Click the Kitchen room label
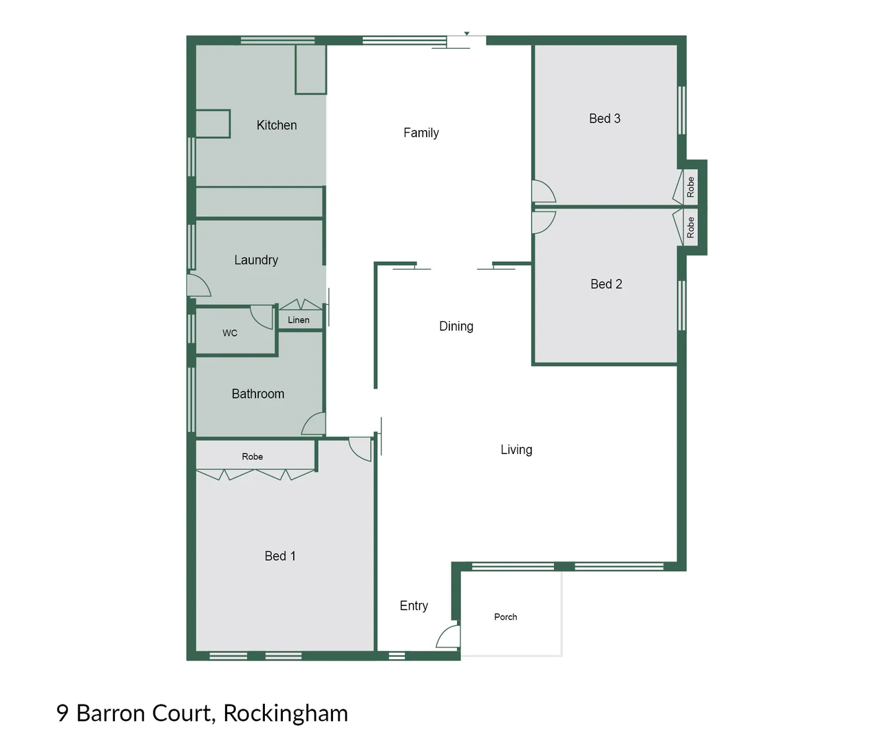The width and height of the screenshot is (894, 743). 277,125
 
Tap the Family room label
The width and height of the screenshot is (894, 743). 421,133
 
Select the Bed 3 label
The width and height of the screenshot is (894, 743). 604,118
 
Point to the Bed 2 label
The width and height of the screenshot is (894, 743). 606,284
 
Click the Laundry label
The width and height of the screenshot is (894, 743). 256,260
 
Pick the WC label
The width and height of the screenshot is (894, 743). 230,333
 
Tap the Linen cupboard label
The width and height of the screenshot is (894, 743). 299,320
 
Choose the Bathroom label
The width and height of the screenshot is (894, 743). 257,394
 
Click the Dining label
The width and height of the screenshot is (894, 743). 456,326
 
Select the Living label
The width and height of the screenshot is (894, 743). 516,449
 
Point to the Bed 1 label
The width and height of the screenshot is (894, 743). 280,556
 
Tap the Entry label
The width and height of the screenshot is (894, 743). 414,605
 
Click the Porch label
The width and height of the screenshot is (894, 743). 505,617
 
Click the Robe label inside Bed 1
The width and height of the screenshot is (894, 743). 252,457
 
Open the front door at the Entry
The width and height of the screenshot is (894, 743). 449,637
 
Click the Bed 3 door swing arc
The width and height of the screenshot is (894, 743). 543,191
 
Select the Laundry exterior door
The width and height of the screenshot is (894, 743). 198,286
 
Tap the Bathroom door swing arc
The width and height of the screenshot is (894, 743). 315,424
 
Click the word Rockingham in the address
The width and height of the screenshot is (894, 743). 285,713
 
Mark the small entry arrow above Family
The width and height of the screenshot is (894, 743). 467,33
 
